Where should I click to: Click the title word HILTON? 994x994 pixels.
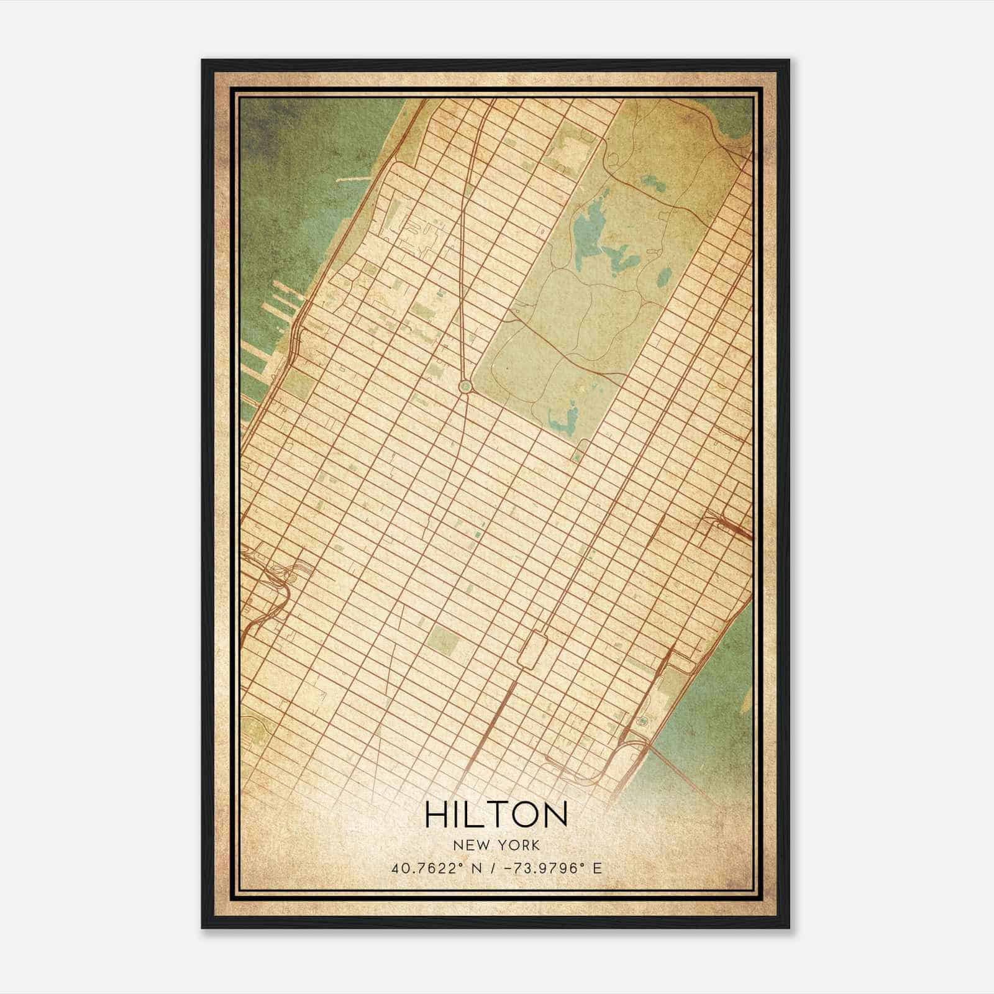click(x=496, y=814)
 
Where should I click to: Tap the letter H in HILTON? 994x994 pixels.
click(x=437, y=814)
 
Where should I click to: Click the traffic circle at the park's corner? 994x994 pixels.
click(x=465, y=387)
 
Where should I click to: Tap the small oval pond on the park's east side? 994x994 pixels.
click(x=663, y=274)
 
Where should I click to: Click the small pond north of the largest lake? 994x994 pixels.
click(x=652, y=184)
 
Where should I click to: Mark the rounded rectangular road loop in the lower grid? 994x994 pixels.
click(x=531, y=649)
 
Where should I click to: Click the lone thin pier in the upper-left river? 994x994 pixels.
click(x=352, y=180)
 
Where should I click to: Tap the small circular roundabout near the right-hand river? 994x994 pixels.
click(x=642, y=721)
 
